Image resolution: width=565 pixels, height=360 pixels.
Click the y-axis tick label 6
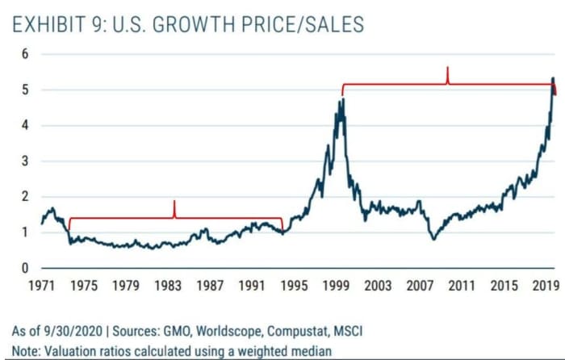click(x=24, y=55)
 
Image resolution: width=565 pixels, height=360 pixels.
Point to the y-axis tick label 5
click(x=24, y=90)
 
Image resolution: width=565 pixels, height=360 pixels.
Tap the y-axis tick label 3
click(x=24, y=161)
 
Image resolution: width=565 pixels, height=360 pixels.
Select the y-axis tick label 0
click(x=24, y=268)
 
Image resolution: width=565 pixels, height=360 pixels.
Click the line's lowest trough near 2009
click(x=433, y=239)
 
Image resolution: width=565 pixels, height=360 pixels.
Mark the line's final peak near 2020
click(x=552, y=78)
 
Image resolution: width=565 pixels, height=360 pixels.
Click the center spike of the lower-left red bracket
click(x=174, y=202)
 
